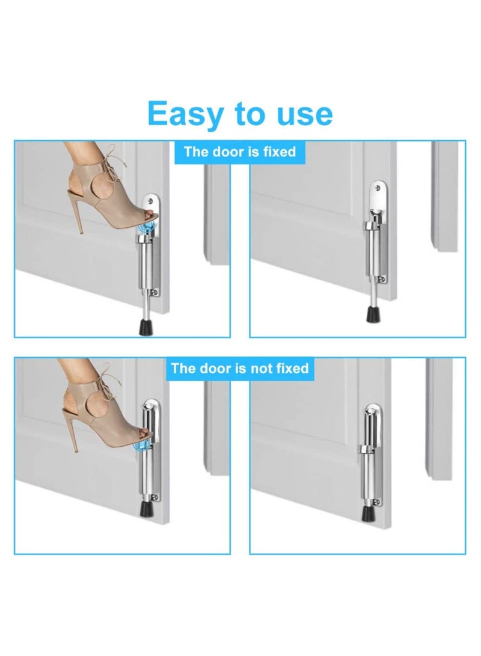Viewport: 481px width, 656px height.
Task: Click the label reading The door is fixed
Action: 240,152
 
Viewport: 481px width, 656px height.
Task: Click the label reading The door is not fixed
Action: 240,368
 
